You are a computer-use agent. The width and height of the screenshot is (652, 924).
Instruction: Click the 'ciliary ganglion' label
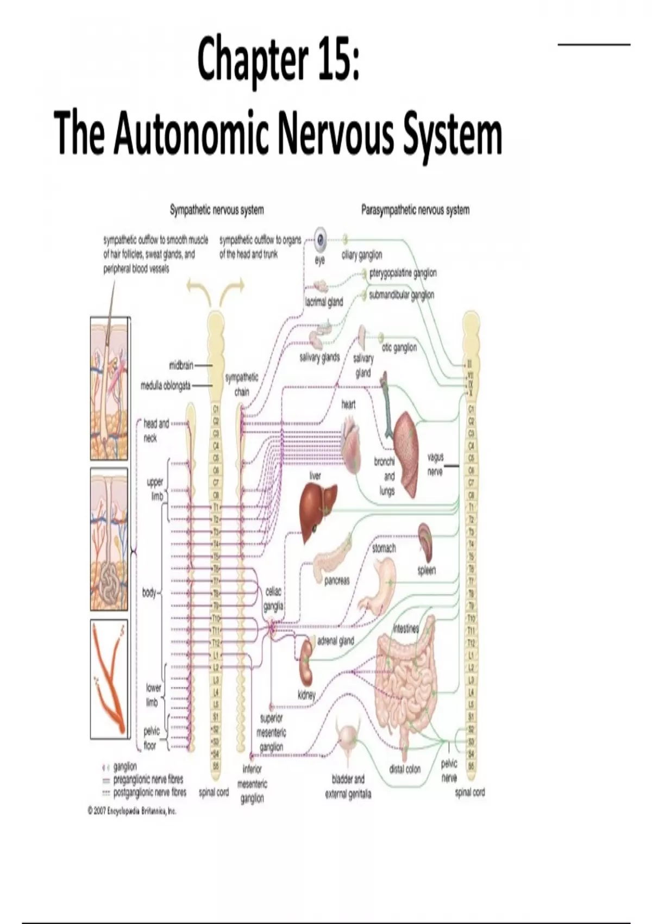coord(362,254)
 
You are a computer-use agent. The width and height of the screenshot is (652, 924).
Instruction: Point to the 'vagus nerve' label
coord(435,465)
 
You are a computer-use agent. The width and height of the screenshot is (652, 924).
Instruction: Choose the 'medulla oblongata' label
coord(166,385)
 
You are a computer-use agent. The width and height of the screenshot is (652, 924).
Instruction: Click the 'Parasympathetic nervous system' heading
coord(415,210)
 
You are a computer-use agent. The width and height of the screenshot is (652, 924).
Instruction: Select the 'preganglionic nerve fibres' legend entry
coord(148,779)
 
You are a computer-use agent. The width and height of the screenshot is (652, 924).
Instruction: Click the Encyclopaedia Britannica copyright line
coord(131,811)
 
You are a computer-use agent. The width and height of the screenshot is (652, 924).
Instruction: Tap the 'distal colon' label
coord(405,769)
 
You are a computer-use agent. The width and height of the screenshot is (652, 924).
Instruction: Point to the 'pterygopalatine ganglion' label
coord(403,273)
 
